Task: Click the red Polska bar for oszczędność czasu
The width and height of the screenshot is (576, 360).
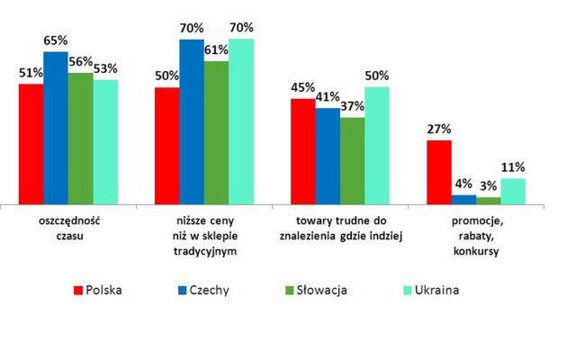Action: [x=31, y=144]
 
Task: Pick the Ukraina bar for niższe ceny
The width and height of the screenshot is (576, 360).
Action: [x=241, y=121]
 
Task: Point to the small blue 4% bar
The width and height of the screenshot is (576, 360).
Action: [x=464, y=200]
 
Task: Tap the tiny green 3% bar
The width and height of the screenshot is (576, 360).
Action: [x=489, y=202]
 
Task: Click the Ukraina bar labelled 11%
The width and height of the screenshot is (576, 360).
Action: [x=513, y=192]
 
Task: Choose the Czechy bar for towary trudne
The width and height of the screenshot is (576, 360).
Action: [x=328, y=157]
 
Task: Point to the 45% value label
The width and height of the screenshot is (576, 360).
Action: [x=302, y=88]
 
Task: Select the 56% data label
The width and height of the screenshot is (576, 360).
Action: [x=81, y=61]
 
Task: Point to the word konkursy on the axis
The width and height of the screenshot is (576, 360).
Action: [x=476, y=251]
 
